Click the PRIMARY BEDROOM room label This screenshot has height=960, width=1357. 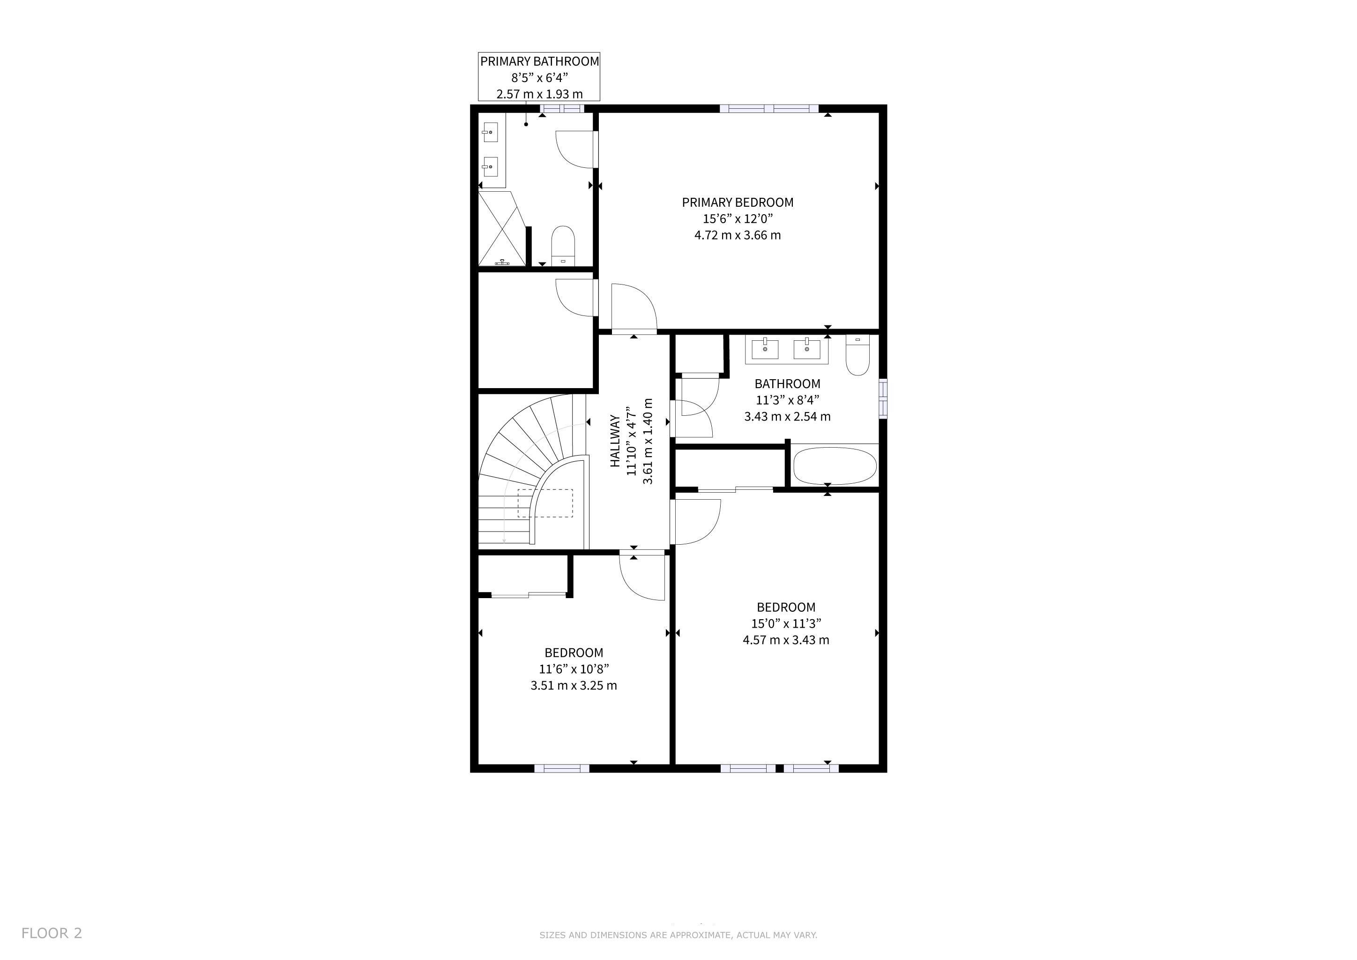(738, 202)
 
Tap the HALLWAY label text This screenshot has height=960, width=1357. (615, 441)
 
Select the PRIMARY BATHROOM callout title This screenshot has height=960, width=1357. (539, 61)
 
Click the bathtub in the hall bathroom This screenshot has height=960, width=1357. (834, 466)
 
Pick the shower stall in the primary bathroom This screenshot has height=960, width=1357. (502, 228)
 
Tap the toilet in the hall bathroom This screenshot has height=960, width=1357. (857, 355)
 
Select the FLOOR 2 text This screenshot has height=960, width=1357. (52, 933)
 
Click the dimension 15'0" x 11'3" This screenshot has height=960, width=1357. (786, 623)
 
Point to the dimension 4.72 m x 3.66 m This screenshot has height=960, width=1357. (738, 235)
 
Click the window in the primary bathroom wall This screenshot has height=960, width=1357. (562, 109)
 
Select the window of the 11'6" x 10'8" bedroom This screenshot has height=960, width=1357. (562, 768)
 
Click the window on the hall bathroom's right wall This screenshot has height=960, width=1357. (883, 398)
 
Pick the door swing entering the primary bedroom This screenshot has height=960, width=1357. (634, 307)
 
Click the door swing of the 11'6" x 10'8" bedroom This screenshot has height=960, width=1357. (642, 577)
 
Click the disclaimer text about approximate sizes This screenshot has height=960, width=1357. (678, 935)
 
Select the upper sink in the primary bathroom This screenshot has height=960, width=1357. (490, 132)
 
